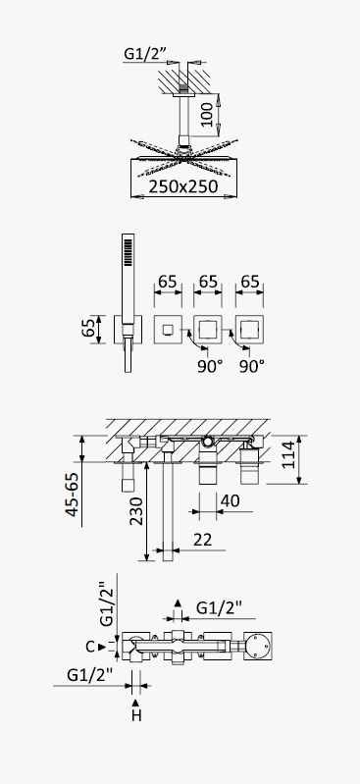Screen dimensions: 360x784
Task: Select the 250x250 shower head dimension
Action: pos(183,186)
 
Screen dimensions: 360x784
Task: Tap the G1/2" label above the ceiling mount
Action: pos(144,54)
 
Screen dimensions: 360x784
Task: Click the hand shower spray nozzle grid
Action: pos(129,251)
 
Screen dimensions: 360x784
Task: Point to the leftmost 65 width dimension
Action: pos(168,282)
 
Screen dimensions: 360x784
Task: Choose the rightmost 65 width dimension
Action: pos(249,282)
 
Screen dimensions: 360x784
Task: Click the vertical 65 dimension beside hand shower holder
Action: pos(88,329)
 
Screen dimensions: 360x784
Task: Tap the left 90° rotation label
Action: pos(210,367)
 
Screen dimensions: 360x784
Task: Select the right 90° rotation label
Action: pos(251,367)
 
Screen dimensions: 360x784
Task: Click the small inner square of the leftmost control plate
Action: pos(168,329)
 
